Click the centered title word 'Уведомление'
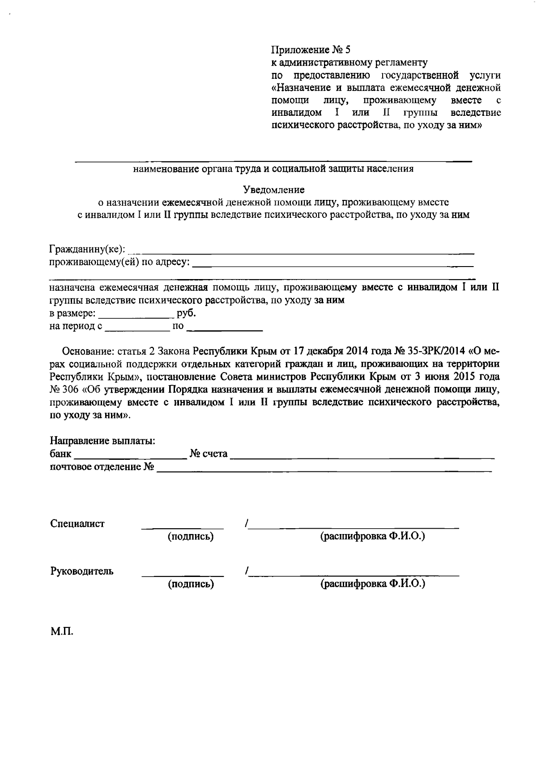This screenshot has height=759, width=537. click(273, 190)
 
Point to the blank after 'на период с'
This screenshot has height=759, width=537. click(136, 328)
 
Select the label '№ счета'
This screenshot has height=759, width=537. click(209, 454)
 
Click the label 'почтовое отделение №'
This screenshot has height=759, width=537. click(102, 467)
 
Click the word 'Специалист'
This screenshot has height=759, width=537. click(77, 523)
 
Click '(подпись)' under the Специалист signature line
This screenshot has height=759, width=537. click(190, 536)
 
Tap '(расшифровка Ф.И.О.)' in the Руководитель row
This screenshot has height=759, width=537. click(372, 583)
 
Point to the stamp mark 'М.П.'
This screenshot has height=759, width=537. click(62, 632)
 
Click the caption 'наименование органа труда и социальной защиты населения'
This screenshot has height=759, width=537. click(273, 169)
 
